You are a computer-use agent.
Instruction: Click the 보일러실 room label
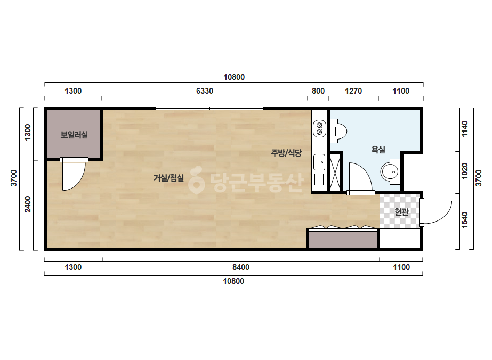pos(74,135)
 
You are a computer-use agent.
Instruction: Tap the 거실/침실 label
pos(168,178)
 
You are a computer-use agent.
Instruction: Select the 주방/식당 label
pos(286,153)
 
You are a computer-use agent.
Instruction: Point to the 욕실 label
pos(378,150)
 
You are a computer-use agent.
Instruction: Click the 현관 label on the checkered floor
pos(401,212)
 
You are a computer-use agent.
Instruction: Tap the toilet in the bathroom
pos(338,131)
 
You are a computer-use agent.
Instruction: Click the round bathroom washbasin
pos(390,171)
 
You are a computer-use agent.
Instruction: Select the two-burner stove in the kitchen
pos(319,128)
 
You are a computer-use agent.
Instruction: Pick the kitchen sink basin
pos(319,162)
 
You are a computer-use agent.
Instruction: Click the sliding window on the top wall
pos(209,109)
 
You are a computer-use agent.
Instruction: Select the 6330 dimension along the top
pos(205,91)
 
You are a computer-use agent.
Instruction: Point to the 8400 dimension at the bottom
pos(241,267)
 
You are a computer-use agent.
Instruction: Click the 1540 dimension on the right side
pos(465,220)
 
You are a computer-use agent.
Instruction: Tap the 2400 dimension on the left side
pos(28,204)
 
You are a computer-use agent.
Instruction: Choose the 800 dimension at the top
pos(318,91)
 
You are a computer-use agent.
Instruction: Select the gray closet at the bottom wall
pos(343,239)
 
